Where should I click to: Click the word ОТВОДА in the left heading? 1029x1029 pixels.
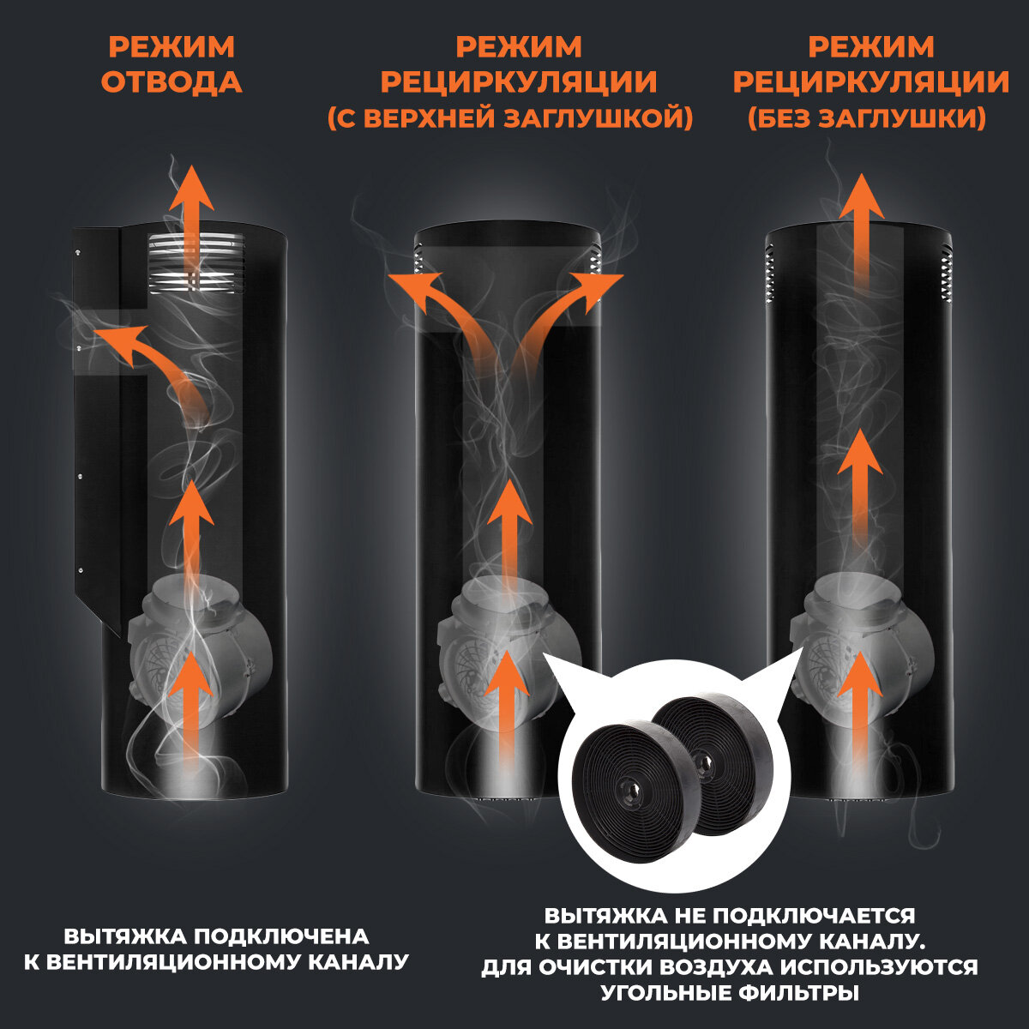pos(171,82)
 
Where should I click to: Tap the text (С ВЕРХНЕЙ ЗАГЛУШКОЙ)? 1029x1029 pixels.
pos(509,118)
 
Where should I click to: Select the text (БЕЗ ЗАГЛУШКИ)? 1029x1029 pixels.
pos(866,118)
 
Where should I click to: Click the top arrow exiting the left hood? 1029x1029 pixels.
pos(190,219)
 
